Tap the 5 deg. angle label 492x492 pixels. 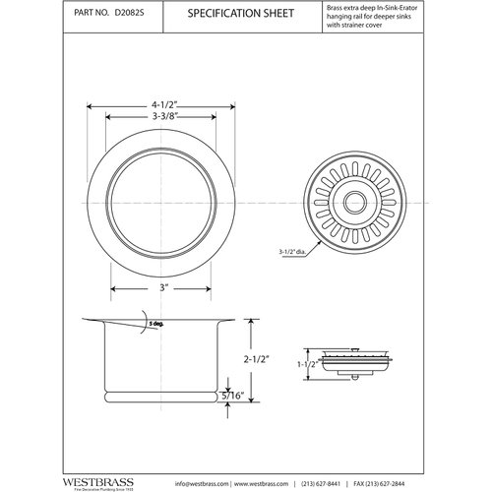coord(154,324)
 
